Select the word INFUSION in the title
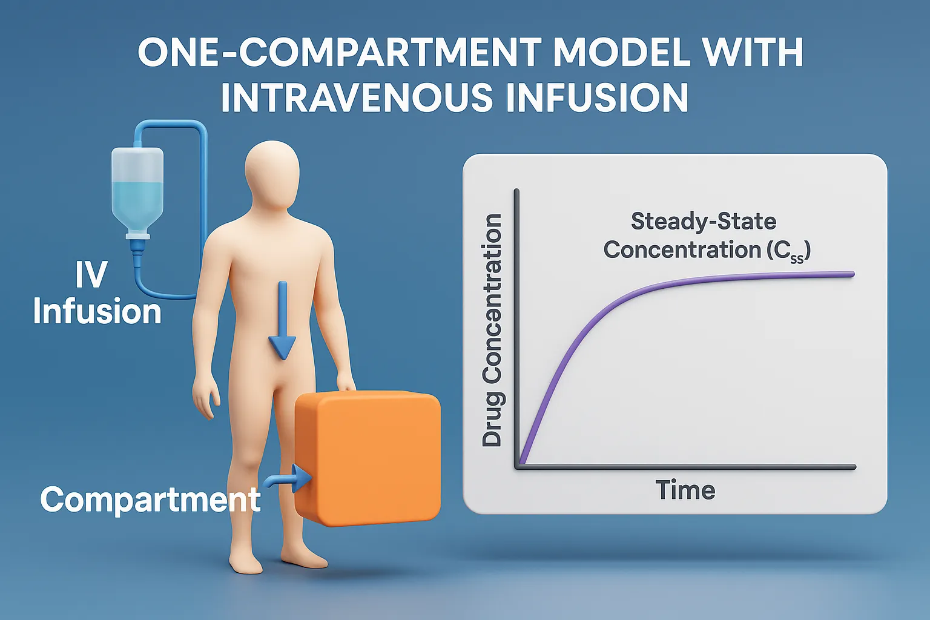596,97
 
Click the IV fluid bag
137,188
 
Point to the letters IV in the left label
91,275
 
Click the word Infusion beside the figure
97,312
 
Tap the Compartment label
150,500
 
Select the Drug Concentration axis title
492,331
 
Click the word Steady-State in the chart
703,222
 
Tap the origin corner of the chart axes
518,466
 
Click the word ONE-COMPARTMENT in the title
340,53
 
